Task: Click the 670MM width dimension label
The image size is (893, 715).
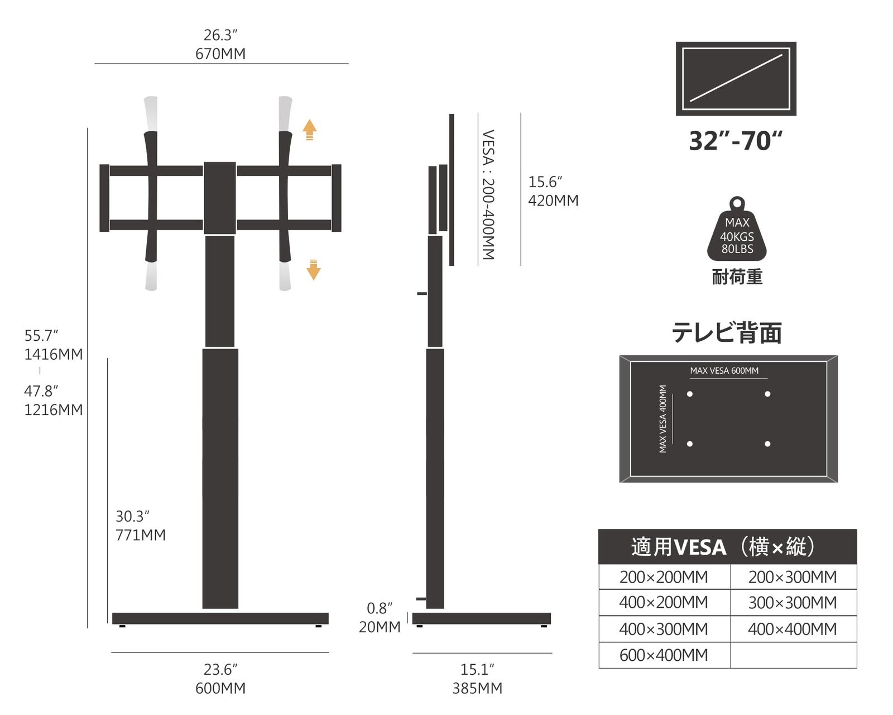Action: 220,54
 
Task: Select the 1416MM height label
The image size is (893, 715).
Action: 54,354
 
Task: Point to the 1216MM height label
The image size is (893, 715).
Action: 54,409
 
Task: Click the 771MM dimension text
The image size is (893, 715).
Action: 141,535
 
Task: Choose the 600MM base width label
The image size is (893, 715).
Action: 220,688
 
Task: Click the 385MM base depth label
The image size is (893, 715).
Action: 477,688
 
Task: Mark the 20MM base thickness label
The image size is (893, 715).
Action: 380,627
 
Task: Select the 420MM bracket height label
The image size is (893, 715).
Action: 553,200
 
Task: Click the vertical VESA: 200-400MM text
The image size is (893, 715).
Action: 488,194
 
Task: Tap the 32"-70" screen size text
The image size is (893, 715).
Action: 736,140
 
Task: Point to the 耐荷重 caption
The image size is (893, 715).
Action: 737,277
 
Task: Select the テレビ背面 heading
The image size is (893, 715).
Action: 727,332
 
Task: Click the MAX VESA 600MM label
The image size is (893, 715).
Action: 724,370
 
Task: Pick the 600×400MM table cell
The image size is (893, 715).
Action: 664,655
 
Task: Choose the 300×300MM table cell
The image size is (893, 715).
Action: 793,603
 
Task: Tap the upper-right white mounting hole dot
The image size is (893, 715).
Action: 767,394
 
